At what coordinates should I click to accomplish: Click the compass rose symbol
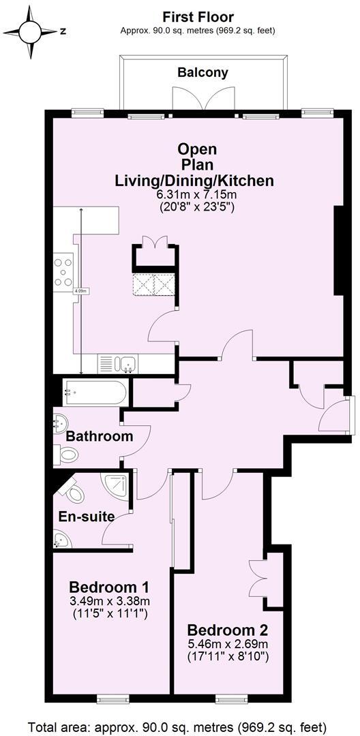point(31,31)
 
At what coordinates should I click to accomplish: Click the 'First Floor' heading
point(198,17)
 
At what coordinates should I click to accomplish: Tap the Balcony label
point(202,72)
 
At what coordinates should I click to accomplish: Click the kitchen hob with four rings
point(64,270)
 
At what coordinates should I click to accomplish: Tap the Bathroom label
point(100,436)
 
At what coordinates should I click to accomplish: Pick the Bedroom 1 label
point(110,587)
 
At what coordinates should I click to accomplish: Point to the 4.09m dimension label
point(80,291)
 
